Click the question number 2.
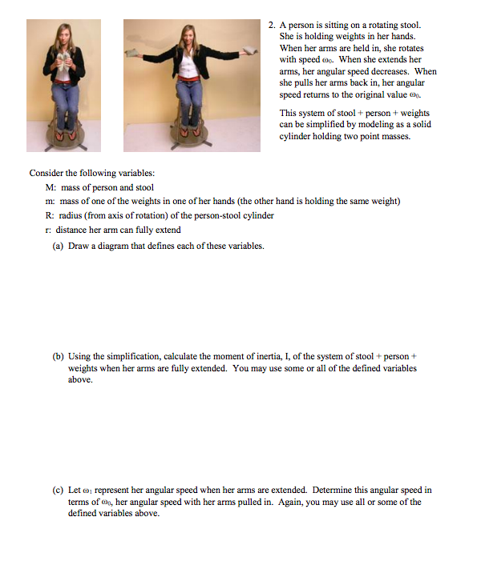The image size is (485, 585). (x=272, y=25)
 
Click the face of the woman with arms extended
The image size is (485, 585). (x=192, y=35)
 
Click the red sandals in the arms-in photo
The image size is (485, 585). (x=64, y=133)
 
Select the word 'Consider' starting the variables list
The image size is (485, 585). (x=46, y=173)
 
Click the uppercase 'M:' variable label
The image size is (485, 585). (x=52, y=187)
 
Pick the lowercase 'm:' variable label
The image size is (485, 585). (x=51, y=201)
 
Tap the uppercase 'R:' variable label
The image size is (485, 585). (x=51, y=215)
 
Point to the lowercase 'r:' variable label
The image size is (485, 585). (x=50, y=230)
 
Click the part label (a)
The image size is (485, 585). (x=58, y=246)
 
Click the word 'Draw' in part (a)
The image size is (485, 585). (x=79, y=246)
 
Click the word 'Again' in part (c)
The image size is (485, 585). (x=282, y=503)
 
